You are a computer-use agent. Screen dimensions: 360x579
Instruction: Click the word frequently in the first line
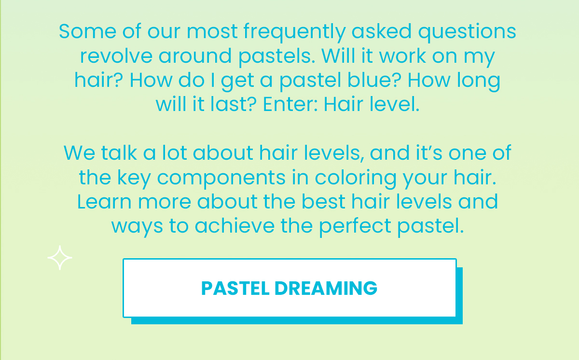(x=294, y=32)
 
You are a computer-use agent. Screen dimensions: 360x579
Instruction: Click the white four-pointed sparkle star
(x=60, y=258)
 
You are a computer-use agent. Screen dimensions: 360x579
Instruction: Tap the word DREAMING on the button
(x=326, y=288)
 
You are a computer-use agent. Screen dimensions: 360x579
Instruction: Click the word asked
(x=382, y=32)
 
